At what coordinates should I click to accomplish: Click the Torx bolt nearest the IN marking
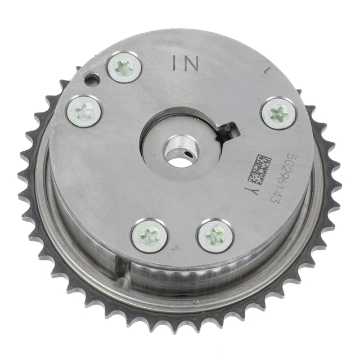tap(124, 67)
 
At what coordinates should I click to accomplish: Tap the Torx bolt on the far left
tap(84, 111)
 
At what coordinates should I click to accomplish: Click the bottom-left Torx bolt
tap(149, 236)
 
